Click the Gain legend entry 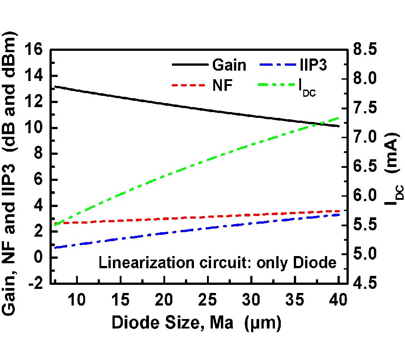click(x=229, y=65)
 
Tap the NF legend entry click(x=222, y=85)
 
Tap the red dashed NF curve click(x=180, y=218)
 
